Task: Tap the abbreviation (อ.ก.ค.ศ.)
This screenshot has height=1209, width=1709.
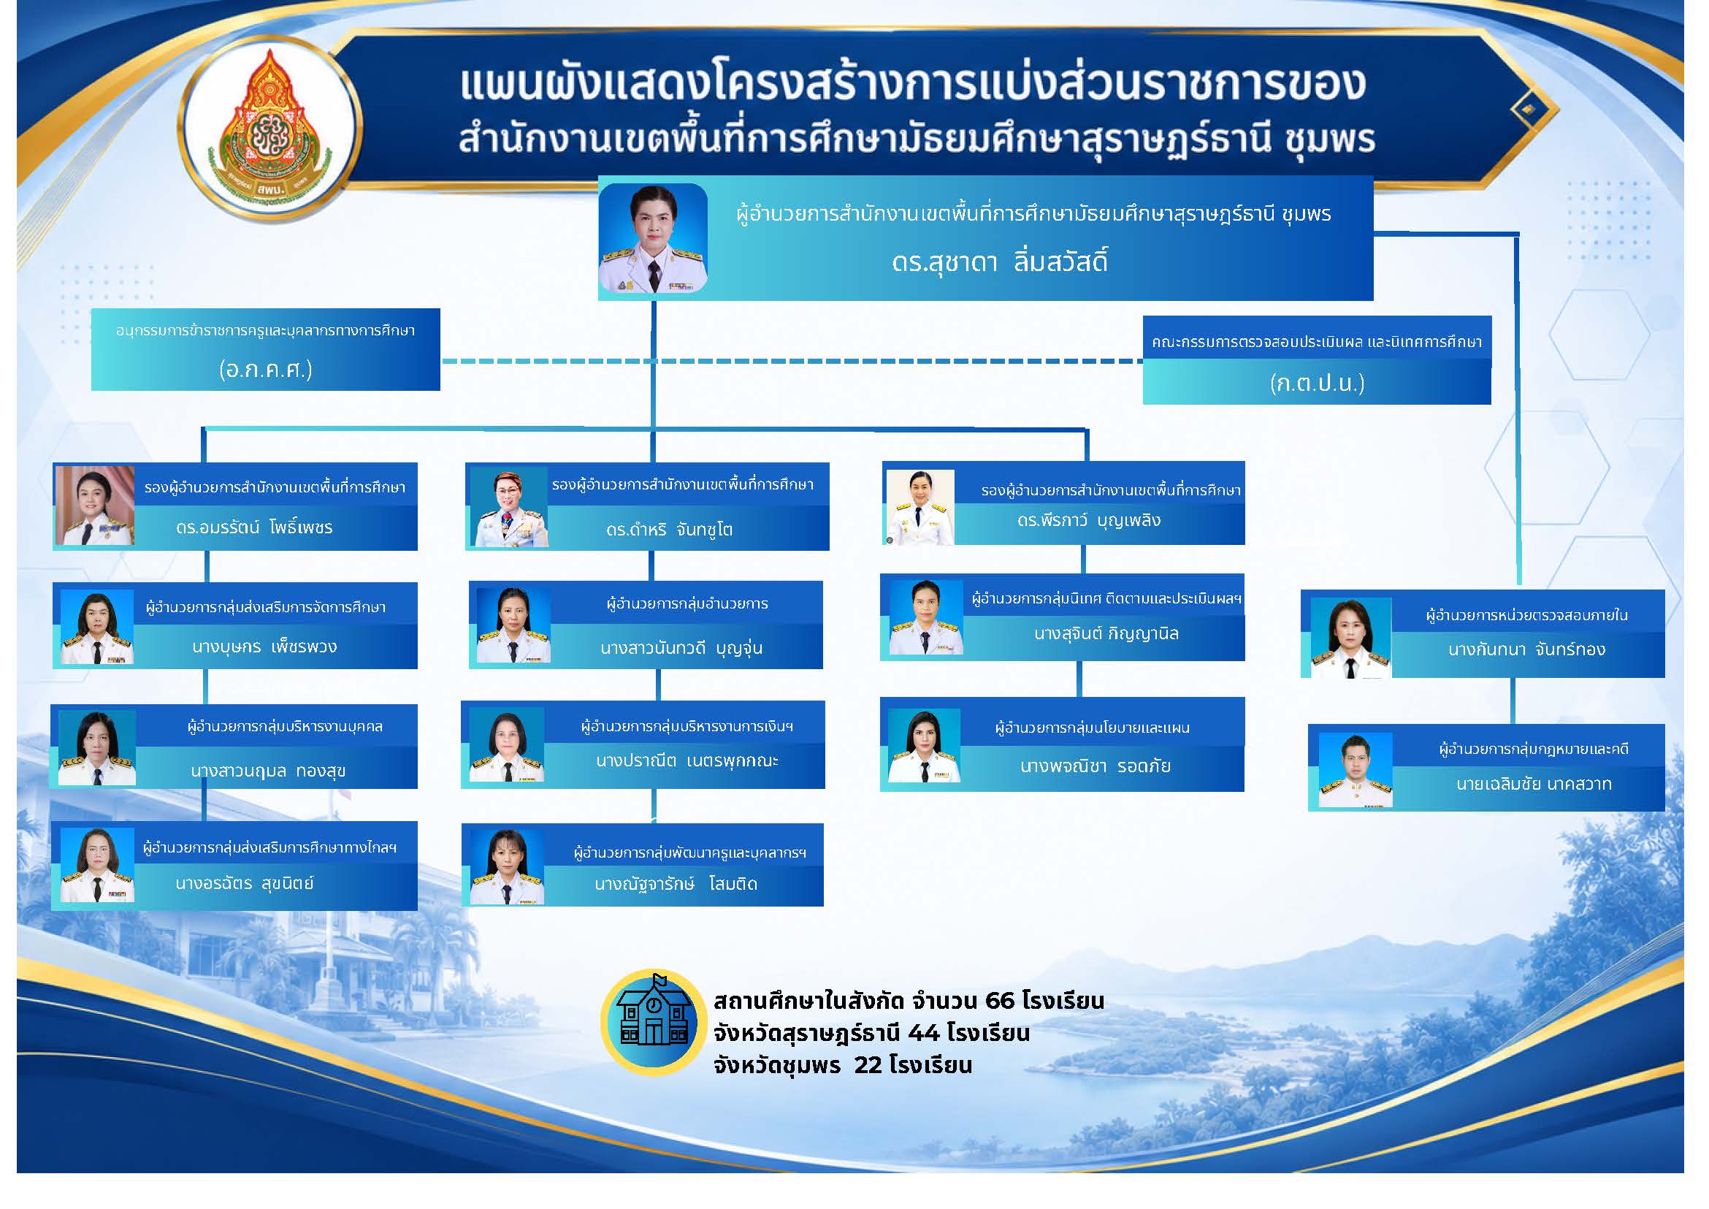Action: (x=266, y=369)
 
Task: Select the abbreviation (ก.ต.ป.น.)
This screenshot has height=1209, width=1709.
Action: (x=1317, y=383)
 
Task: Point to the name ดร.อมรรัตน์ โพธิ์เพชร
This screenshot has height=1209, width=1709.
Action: (x=254, y=527)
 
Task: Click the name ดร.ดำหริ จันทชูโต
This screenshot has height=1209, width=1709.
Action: (x=669, y=530)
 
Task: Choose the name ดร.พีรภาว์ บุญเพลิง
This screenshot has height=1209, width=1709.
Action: (x=1089, y=520)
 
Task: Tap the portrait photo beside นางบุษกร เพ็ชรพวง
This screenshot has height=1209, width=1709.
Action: (x=96, y=626)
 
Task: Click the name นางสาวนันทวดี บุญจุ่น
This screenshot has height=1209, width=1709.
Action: (x=681, y=649)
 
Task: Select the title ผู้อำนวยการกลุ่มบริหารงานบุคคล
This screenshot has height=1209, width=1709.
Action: (x=284, y=727)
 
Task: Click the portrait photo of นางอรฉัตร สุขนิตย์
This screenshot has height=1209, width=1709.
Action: (x=96, y=864)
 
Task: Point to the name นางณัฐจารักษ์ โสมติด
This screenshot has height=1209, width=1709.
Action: (x=676, y=884)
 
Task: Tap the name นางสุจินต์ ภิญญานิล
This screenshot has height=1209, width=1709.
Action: (x=1106, y=634)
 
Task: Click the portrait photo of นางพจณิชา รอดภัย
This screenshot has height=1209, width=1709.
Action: (x=923, y=746)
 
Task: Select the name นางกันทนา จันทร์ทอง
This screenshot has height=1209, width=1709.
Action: (x=1526, y=649)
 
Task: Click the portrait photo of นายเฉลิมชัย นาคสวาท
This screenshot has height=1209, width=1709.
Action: (x=1355, y=771)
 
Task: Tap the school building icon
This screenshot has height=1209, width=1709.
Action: (x=654, y=1022)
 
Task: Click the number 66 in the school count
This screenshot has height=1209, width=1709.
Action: (x=1000, y=1000)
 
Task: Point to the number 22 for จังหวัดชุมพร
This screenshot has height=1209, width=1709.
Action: (x=867, y=1064)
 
